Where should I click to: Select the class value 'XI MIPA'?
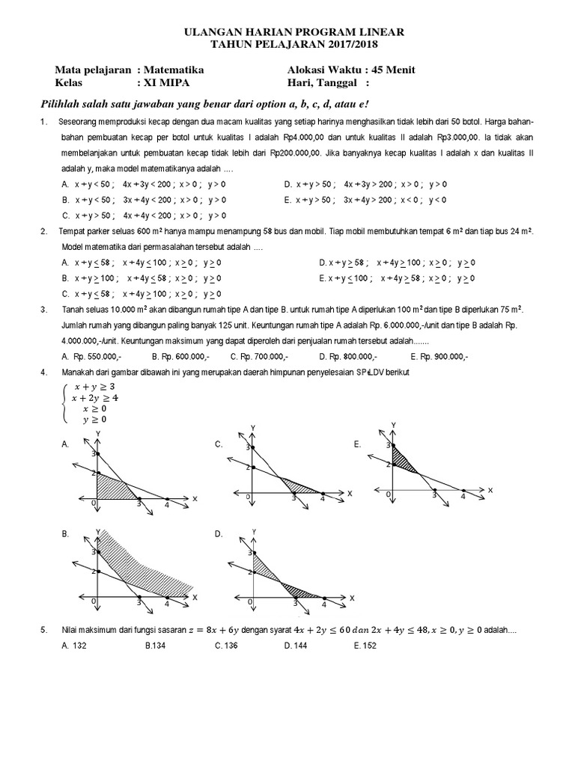tap(165, 82)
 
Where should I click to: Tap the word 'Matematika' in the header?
tap(174, 70)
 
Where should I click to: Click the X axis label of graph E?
tap(490, 489)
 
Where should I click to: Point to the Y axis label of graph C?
tap(253, 427)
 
